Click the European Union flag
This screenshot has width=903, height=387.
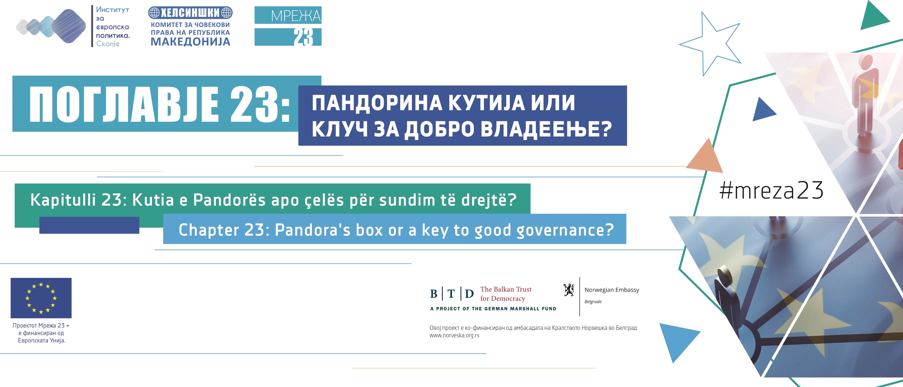pos(41,298)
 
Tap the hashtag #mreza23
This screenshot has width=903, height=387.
pos(771,191)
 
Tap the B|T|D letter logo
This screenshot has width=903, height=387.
pos(452,293)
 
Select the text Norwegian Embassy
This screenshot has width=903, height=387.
pos(612,290)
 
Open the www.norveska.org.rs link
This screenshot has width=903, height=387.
pos(454,335)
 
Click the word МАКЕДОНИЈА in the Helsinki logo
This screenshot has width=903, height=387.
pos(190,42)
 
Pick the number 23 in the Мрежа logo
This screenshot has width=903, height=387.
pos(303,37)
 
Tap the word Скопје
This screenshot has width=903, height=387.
pos(108,44)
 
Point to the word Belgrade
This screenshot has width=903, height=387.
pos(593,302)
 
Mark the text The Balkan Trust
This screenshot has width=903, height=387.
pos(506,289)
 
